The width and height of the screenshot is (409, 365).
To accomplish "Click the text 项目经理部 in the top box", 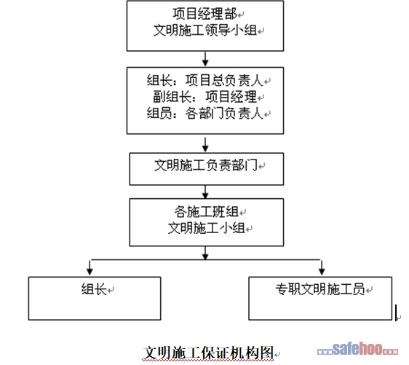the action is [204, 14].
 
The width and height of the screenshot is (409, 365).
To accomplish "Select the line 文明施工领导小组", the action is [205, 31].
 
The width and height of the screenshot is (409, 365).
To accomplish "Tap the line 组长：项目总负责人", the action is [205, 80].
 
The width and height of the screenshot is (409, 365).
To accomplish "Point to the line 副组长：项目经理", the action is [205, 97].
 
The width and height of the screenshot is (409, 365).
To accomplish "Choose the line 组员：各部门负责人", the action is [205, 114].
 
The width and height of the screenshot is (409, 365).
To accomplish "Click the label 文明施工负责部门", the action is [206, 165].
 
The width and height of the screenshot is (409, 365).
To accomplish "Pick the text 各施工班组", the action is [207, 211].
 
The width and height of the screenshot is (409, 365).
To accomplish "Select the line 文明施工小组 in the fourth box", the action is [207, 228].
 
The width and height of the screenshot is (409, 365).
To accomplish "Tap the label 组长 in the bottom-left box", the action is [94, 289].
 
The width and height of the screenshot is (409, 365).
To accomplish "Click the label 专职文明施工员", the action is [320, 289].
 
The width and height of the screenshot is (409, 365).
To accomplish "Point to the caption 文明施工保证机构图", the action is [208, 353].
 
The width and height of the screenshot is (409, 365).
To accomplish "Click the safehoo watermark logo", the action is [357, 349].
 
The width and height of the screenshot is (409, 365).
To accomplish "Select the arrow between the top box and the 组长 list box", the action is [205, 59].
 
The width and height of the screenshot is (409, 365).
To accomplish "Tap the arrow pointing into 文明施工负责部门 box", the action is [205, 144].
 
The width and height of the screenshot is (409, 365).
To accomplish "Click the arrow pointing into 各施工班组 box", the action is [205, 192].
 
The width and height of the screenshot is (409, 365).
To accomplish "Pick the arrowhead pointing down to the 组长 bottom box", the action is [90, 271].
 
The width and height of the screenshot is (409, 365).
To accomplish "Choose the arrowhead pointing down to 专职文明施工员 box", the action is [322, 271].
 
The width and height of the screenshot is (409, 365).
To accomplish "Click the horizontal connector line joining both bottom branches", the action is [205, 260].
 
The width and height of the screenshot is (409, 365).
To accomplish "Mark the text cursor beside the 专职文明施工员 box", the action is [396, 313].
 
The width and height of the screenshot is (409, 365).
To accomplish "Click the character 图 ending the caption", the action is [266, 353].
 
